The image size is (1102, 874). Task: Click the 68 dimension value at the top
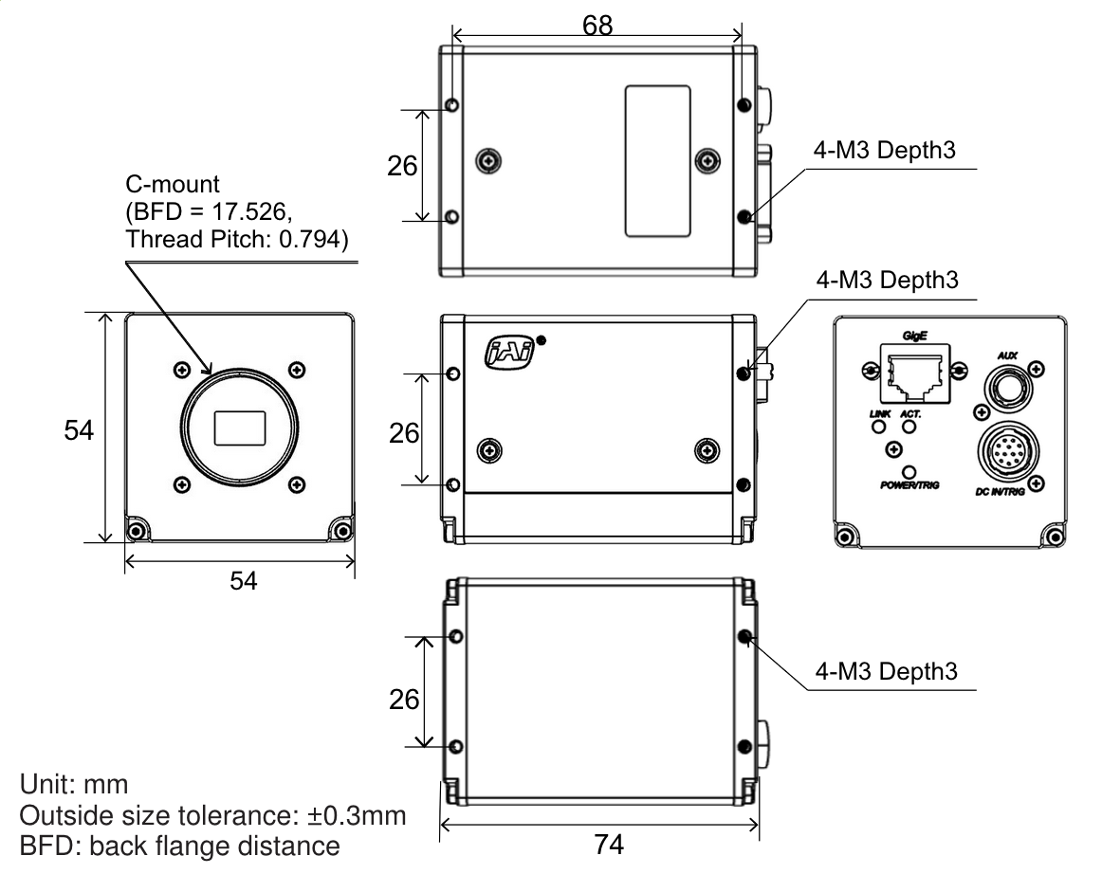point(597,26)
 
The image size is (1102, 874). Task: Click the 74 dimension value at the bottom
point(608,843)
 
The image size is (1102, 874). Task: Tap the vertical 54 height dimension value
point(79,430)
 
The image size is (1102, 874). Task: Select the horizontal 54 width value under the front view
point(245,581)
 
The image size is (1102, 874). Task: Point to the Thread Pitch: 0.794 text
point(237,241)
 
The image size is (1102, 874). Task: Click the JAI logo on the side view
point(510,353)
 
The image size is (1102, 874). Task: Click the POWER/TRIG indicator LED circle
point(910,471)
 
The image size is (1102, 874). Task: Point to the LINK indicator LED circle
point(878,427)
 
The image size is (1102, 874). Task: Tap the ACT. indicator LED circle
point(910,427)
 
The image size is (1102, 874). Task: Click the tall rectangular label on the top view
point(655,160)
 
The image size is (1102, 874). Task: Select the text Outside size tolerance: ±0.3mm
point(214,815)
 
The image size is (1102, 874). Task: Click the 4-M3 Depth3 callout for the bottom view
point(886,672)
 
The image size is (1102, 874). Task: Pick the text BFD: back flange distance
point(179,845)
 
